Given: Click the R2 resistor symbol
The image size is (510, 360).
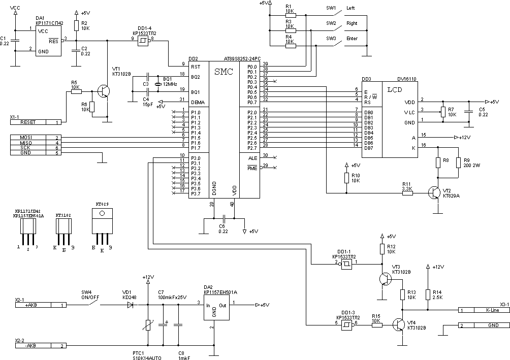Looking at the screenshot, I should click(76, 26).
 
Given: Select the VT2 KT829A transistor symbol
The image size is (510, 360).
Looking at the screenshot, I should click(434, 192).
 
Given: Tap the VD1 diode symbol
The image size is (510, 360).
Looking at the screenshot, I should click(130, 305).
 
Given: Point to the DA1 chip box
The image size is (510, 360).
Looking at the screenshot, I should click(48, 40).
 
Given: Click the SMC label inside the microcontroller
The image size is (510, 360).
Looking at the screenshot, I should click(224, 72).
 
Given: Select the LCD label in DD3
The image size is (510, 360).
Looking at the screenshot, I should click(395, 90).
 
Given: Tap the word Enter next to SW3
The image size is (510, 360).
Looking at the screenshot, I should click(352, 39).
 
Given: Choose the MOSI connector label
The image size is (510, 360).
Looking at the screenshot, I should click(26, 138).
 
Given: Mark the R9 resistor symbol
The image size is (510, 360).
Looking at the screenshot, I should click(459, 162).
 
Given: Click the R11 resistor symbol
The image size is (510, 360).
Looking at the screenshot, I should click(407, 192).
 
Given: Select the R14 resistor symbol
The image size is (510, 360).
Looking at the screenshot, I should click(428, 295).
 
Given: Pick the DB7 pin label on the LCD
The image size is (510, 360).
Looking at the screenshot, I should click(369, 148).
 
